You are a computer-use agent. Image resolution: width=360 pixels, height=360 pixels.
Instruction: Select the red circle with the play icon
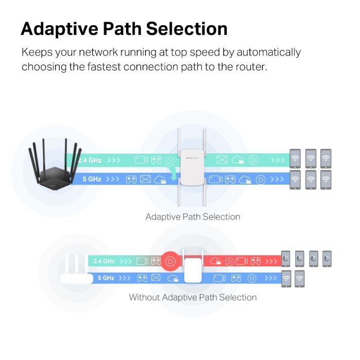(171, 261)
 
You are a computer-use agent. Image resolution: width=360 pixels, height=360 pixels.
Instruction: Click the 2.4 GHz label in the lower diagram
(103, 261)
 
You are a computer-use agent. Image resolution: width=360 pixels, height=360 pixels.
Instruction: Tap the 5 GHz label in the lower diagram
(106, 278)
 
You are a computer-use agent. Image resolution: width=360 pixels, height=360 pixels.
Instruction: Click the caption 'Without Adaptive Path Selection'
(192, 297)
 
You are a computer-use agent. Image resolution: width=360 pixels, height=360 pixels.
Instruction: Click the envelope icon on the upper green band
(222, 160)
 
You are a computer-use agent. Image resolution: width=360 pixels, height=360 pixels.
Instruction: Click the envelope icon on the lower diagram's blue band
(157, 278)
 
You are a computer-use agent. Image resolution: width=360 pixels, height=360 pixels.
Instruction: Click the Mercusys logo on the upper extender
(191, 151)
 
